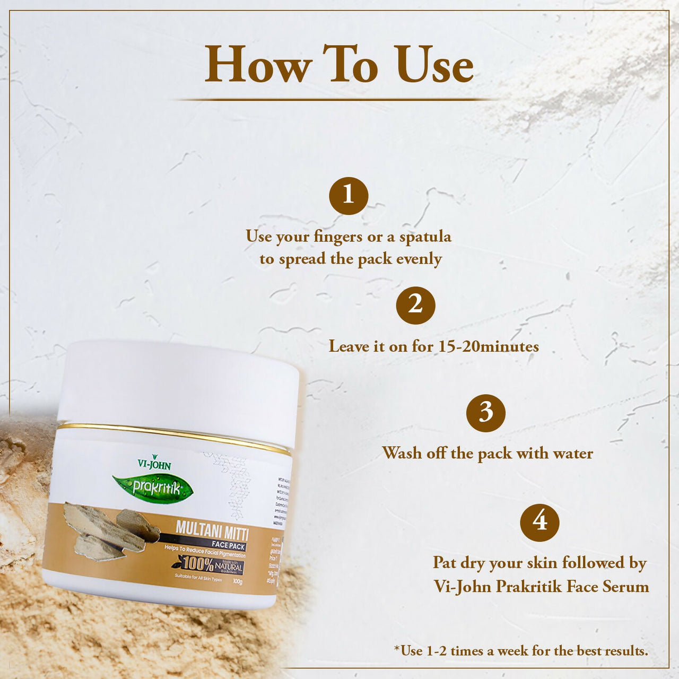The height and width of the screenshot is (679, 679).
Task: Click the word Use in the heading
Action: pos(433,65)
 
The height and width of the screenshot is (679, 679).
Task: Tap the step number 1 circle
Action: pos(349,196)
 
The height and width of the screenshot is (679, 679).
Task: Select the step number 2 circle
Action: pos(415,305)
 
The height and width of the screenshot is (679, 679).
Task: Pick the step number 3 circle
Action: pos(486,413)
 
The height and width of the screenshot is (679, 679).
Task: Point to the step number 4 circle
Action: pos(539,522)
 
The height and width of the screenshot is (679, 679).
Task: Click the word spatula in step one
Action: pos(425,237)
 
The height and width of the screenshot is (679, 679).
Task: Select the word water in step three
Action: pos(573,454)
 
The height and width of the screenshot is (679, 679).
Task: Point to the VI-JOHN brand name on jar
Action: pos(154,464)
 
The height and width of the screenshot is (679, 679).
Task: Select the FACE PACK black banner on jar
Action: pos(228,545)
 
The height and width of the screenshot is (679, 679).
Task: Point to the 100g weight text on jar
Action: pos(237,582)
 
